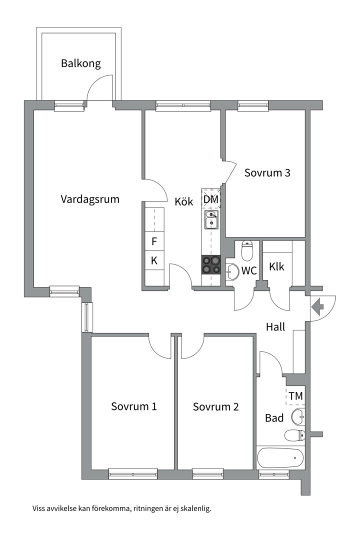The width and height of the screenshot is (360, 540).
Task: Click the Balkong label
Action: (81, 63)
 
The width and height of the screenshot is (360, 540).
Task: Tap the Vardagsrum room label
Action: (90, 199)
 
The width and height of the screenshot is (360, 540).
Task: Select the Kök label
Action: (183, 202)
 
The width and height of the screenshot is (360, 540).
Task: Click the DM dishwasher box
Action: (211, 199)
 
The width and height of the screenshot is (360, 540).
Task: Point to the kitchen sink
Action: (211, 219)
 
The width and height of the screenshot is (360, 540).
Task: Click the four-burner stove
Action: (211, 264)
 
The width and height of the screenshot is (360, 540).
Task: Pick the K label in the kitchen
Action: (154, 260)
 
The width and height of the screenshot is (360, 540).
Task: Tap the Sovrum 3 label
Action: (267, 173)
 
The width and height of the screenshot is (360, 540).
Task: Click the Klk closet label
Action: (276, 266)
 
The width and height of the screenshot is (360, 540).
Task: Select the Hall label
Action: (275, 327)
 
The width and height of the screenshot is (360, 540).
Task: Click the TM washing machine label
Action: (295, 396)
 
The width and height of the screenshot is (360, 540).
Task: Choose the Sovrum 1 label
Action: (134, 406)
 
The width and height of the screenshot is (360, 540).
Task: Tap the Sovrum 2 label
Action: (215, 406)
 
